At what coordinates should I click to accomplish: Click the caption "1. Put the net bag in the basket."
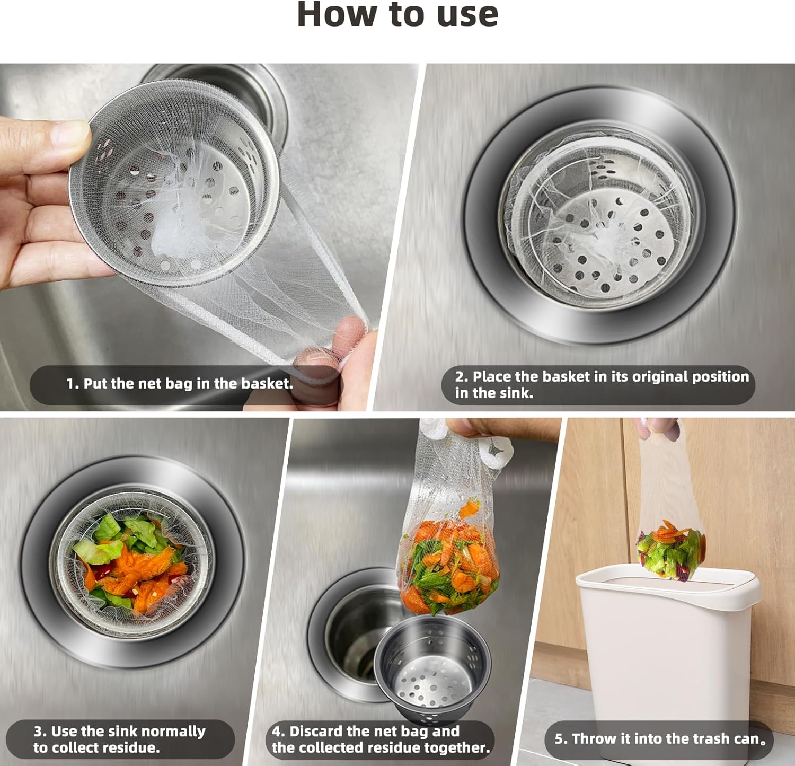coord(180,384)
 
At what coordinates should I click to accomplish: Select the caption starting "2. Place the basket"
coord(602,384)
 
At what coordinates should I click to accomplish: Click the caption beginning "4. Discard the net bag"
coord(381,739)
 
